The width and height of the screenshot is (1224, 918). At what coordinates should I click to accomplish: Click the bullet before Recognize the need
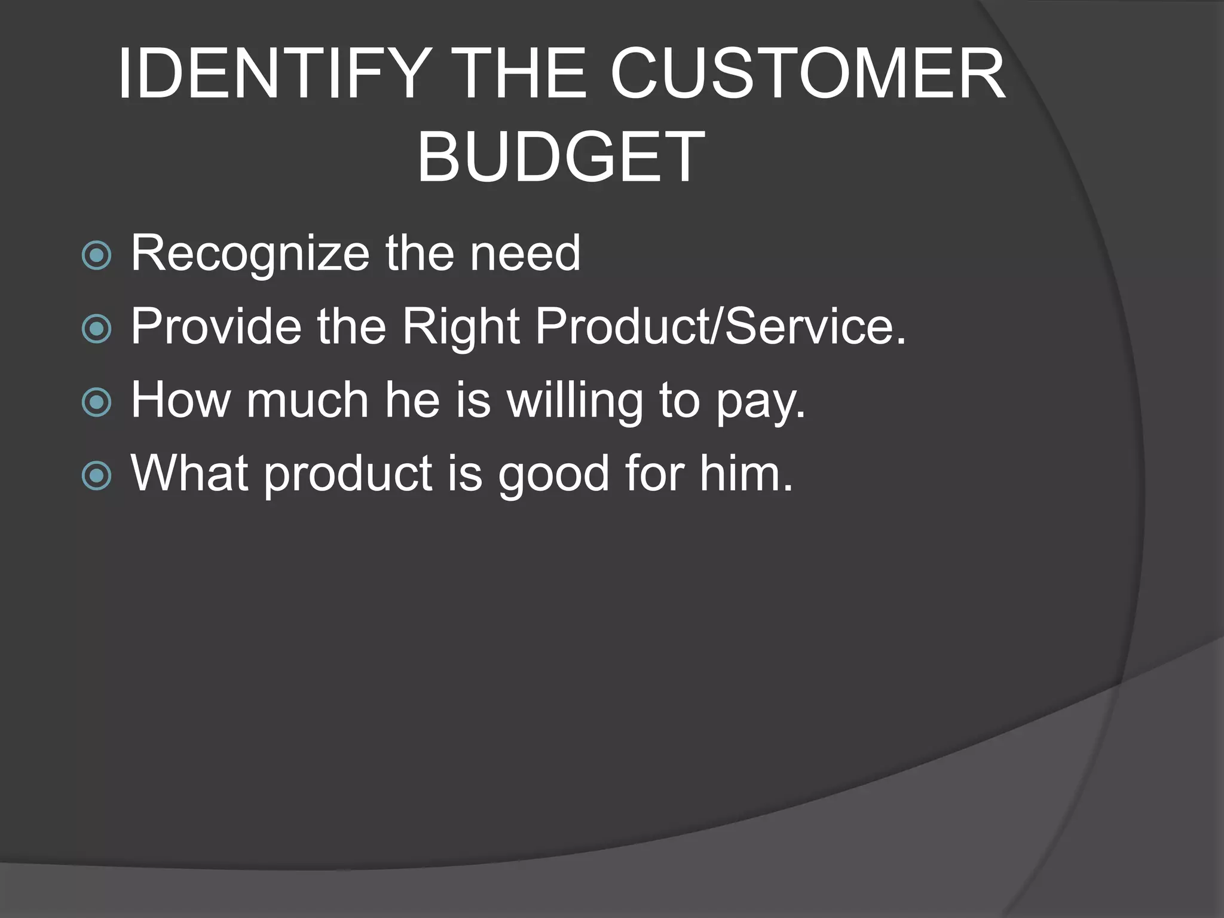tap(96, 256)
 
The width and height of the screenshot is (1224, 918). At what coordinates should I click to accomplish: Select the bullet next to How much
tap(96, 402)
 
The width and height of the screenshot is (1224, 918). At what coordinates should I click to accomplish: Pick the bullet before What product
tap(96, 476)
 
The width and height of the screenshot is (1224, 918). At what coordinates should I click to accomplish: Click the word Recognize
tap(250, 253)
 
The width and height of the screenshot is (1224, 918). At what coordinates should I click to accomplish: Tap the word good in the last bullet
tap(554, 475)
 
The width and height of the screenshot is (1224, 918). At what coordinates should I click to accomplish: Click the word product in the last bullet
tap(348, 475)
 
